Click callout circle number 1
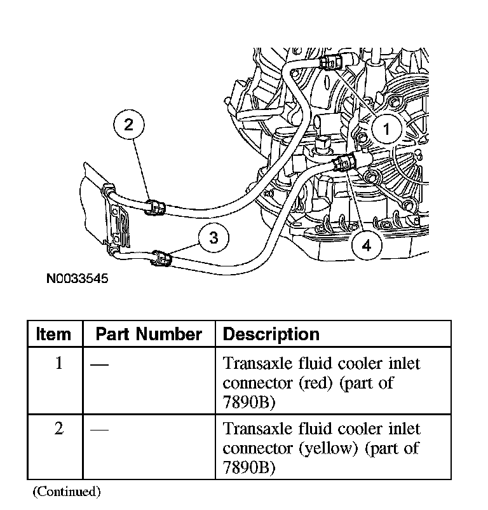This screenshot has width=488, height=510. [x=385, y=130]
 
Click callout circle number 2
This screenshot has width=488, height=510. [x=129, y=125]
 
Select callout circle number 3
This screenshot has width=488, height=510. [x=214, y=238]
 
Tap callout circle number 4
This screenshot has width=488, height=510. [x=367, y=245]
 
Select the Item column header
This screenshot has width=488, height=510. [x=54, y=334]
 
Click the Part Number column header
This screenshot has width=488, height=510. [x=149, y=334]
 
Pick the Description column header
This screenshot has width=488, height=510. [x=271, y=334]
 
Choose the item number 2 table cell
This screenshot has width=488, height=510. [x=58, y=429]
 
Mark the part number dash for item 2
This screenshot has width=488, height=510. [x=99, y=429]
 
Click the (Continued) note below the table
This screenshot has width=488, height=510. [x=67, y=491]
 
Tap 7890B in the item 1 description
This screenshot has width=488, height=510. [x=250, y=402]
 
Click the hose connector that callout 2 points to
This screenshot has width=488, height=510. [x=154, y=207]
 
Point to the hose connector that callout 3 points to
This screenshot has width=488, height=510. [x=161, y=258]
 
